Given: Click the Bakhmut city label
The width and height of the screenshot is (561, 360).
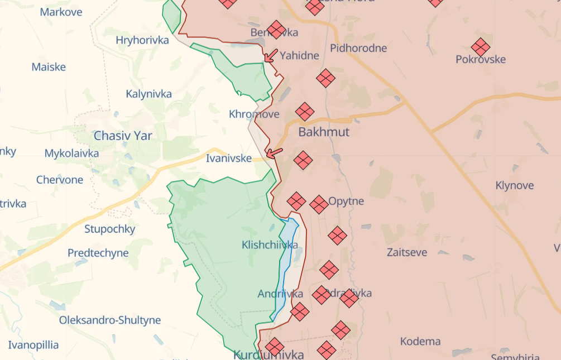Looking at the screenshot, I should (x=324, y=132).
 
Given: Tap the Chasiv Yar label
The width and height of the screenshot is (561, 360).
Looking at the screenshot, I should (x=123, y=136).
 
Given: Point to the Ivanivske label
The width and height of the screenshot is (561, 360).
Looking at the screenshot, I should (x=229, y=159).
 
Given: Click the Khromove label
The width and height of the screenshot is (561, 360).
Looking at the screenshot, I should (x=254, y=114).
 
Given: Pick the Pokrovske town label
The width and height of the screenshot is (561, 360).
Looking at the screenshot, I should (x=481, y=60).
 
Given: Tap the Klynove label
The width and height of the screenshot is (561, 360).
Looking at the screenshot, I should (x=515, y=185).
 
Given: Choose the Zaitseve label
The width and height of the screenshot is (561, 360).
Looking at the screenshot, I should (x=407, y=252).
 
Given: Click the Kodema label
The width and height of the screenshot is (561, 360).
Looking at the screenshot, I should (x=420, y=341).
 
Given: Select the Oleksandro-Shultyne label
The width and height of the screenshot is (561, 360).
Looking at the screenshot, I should (x=110, y=320).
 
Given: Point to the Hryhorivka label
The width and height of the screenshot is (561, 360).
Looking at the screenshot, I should (x=142, y=40).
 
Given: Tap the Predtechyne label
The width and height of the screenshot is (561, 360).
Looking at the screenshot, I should (x=98, y=253).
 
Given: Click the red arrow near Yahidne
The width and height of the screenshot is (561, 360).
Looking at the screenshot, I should (x=271, y=55).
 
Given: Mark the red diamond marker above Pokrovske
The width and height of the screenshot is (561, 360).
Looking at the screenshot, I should (x=481, y=47).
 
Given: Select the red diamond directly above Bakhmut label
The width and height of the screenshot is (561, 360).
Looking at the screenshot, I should (x=305, y=112).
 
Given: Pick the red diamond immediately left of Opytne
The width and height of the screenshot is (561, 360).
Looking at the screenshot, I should (x=318, y=204).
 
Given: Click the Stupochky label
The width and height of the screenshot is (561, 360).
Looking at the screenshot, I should (x=110, y=229).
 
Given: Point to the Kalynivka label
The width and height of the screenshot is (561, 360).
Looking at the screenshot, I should (x=148, y=94).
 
